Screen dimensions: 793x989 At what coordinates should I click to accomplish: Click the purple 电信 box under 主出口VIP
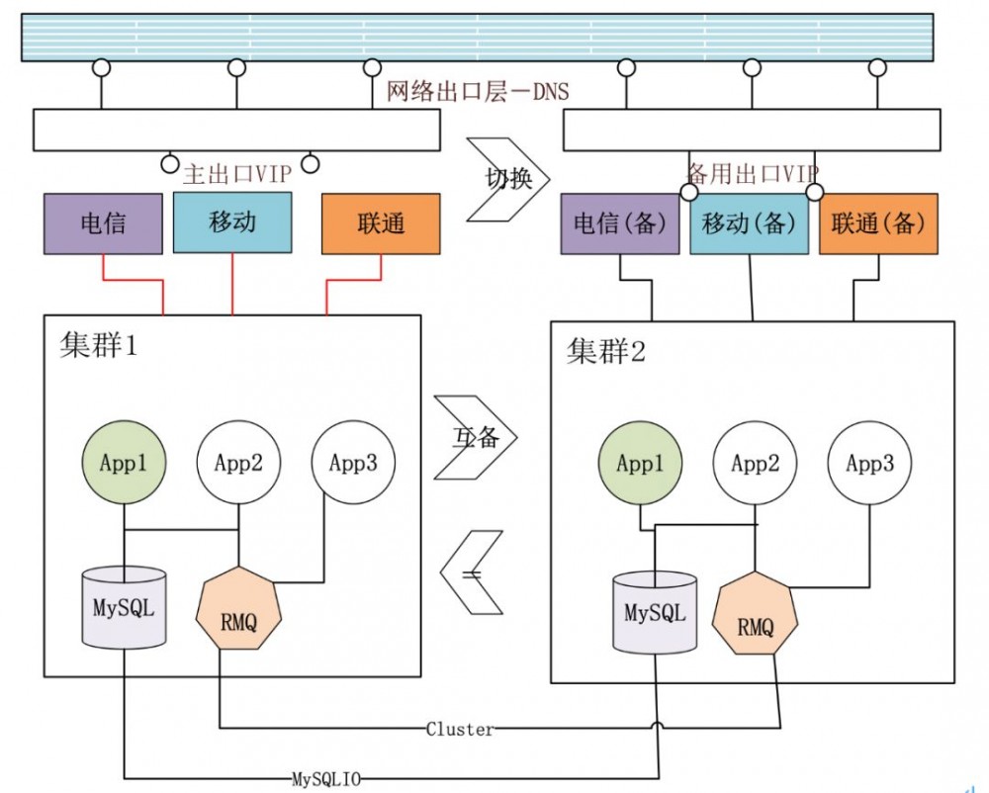[x=103, y=223]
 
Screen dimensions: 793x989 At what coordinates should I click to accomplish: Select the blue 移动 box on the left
[x=232, y=221]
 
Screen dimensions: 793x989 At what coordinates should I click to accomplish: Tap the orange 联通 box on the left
[x=381, y=223]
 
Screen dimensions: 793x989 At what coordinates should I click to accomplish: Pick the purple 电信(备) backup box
[x=620, y=223]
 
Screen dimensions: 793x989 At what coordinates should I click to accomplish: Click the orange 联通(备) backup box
[x=878, y=223]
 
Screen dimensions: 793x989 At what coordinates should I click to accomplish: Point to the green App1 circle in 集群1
[x=125, y=463]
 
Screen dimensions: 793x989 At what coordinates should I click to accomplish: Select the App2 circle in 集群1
[x=238, y=463]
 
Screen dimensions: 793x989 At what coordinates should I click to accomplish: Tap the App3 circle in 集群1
[x=353, y=463]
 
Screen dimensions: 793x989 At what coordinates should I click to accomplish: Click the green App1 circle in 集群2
[x=641, y=464]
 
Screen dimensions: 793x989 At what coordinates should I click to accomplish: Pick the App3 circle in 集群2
[x=870, y=464]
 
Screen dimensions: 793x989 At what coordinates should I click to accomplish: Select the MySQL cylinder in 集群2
[x=654, y=612]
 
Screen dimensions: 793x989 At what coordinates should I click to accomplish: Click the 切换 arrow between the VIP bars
[x=506, y=179]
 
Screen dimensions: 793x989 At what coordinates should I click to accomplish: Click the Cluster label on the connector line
[x=460, y=730]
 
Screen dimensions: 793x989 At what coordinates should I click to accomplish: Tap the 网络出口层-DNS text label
[x=478, y=92]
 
